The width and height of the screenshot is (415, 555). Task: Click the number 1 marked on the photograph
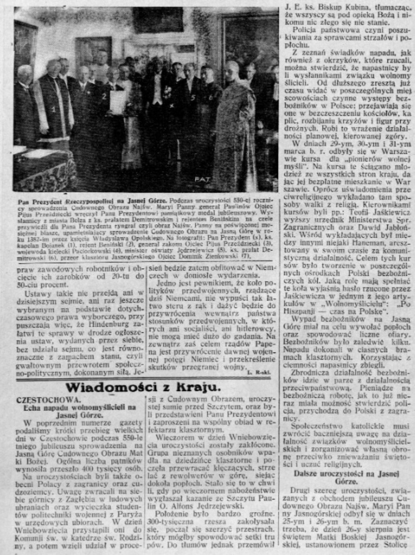tap(53, 110)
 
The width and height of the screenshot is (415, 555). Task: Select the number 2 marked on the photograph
tap(104, 96)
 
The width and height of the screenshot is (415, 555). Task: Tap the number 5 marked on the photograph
tap(193, 99)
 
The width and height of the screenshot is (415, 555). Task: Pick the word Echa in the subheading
tap(33, 407)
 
